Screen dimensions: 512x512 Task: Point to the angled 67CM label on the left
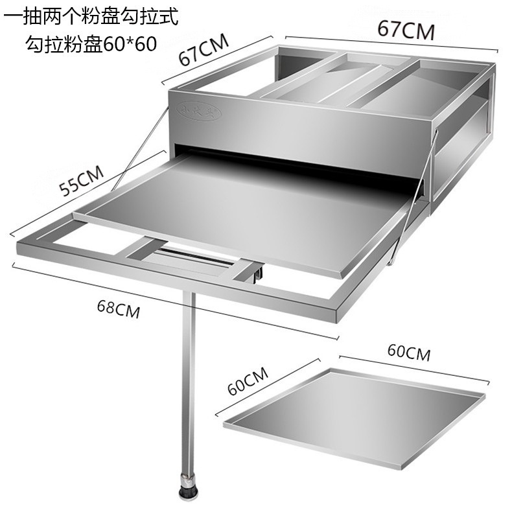(x=203, y=50)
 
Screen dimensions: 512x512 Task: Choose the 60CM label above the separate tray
(x=408, y=353)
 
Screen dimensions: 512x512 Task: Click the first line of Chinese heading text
(x=90, y=16)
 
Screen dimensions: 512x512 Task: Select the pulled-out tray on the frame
(x=246, y=207)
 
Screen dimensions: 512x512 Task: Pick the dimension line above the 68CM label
(x=175, y=300)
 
